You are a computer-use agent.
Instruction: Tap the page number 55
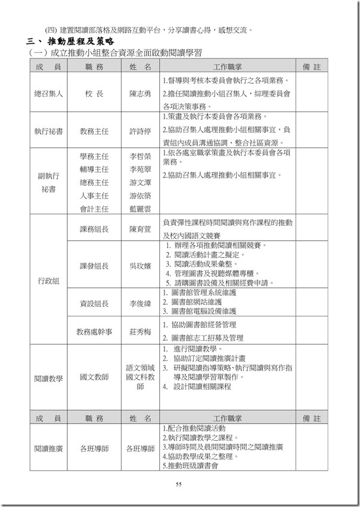178,484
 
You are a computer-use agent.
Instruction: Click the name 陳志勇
140,94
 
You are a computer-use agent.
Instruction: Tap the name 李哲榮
140,156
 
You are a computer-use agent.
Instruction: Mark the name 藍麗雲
140,209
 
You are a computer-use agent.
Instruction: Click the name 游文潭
140,182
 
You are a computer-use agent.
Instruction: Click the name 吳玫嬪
140,265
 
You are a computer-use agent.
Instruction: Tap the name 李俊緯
140,303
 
